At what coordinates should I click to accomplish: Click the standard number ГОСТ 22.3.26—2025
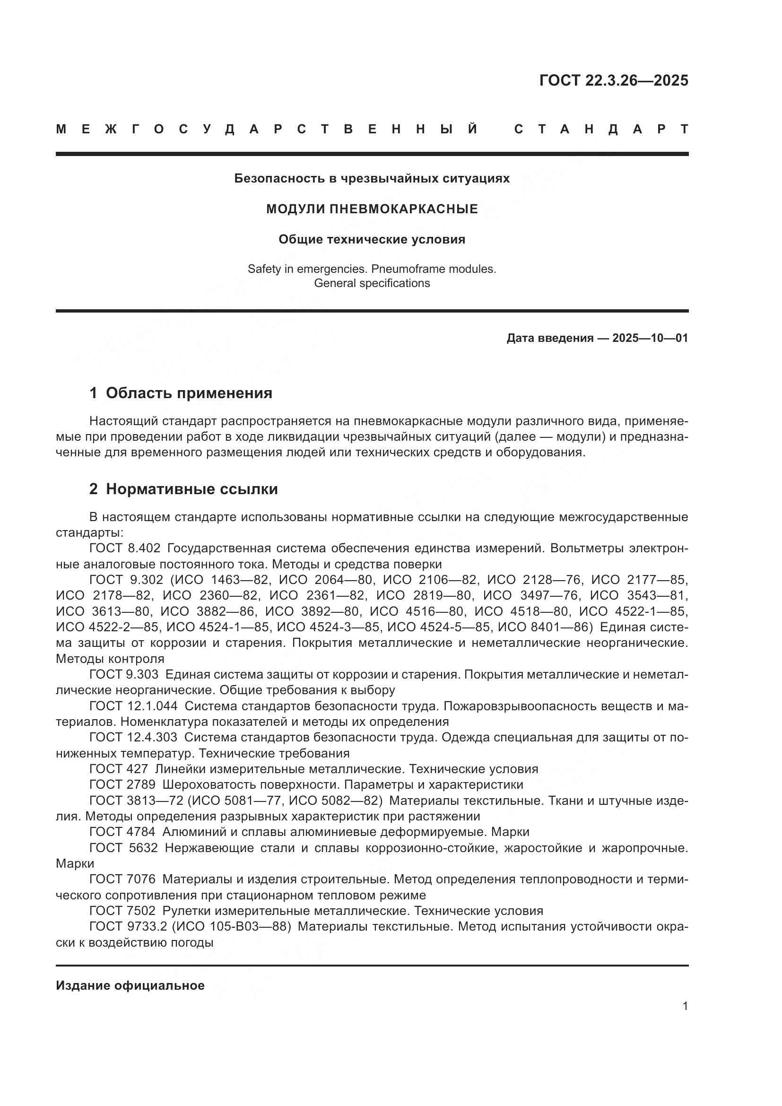coord(614,80)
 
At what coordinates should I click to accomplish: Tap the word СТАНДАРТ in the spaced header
coord(601,129)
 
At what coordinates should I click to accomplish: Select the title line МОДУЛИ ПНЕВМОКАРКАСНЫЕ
coord(372,209)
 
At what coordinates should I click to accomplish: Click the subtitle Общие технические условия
coord(372,239)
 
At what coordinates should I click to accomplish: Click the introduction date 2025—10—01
coord(650,338)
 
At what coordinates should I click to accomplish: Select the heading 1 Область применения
coord(181,393)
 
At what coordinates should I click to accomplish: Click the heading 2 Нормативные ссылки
coord(183,489)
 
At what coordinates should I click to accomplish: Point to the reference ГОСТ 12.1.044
coord(133,706)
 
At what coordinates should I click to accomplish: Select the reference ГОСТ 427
coord(119,769)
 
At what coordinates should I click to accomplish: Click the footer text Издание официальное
coord(130,985)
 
